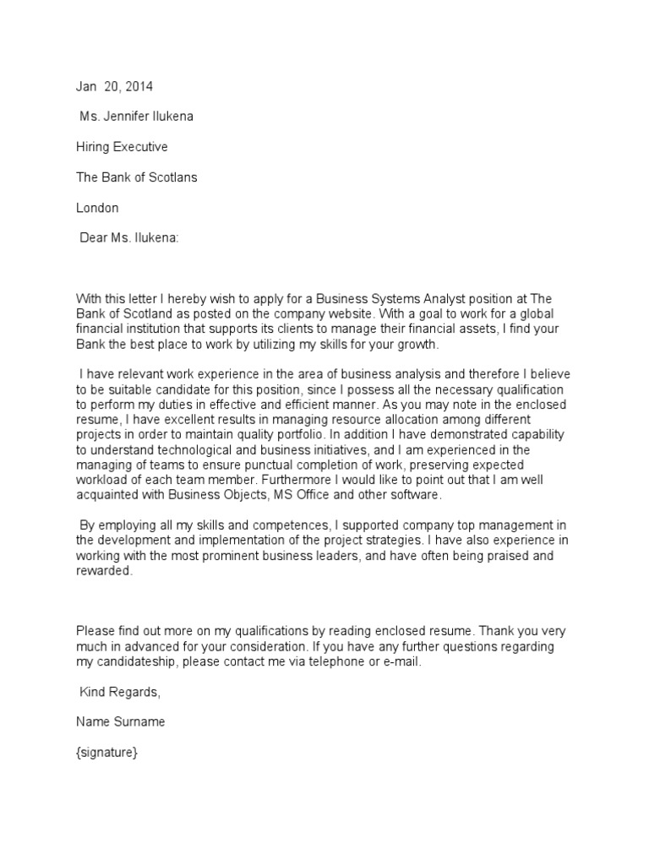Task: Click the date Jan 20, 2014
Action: (x=115, y=86)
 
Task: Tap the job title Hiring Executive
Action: (x=122, y=147)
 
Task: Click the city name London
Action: (x=97, y=208)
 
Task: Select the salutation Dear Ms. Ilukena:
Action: (x=129, y=238)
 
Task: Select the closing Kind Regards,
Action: (x=118, y=693)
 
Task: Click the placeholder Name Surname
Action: (x=121, y=723)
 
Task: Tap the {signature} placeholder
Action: (x=106, y=753)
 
